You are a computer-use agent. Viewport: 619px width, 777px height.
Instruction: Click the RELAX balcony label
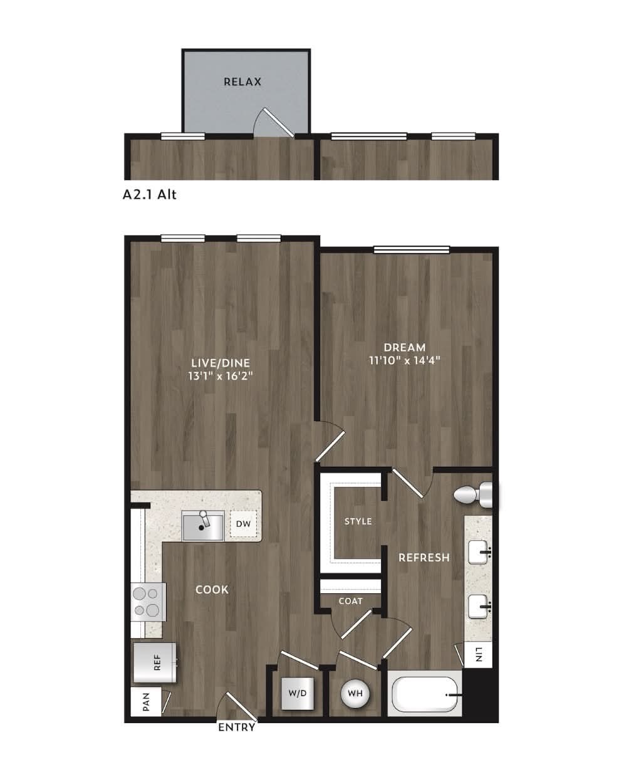pyautogui.click(x=242, y=81)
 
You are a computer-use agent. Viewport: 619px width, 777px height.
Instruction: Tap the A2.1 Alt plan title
pyautogui.click(x=150, y=195)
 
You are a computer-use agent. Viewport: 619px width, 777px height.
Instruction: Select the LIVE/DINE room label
pyautogui.click(x=221, y=363)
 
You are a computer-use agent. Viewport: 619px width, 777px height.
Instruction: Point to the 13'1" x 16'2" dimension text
pyautogui.click(x=220, y=376)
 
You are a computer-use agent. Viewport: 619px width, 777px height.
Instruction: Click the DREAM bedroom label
pyautogui.click(x=405, y=347)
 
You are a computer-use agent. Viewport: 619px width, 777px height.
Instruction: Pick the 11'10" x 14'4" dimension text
pyautogui.click(x=405, y=360)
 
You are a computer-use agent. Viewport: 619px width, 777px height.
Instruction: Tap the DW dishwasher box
pyautogui.click(x=243, y=524)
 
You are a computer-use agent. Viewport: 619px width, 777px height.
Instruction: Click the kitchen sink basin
pyautogui.click(x=202, y=526)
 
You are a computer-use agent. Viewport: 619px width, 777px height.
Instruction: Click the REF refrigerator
pyautogui.click(x=155, y=662)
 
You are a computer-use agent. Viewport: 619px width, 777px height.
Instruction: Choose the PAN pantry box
pyautogui.click(x=146, y=702)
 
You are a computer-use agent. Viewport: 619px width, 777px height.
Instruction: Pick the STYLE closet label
pyautogui.click(x=358, y=521)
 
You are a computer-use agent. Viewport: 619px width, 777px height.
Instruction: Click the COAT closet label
pyautogui.click(x=350, y=601)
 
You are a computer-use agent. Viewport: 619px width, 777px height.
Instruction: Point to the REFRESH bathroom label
pyautogui.click(x=424, y=558)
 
